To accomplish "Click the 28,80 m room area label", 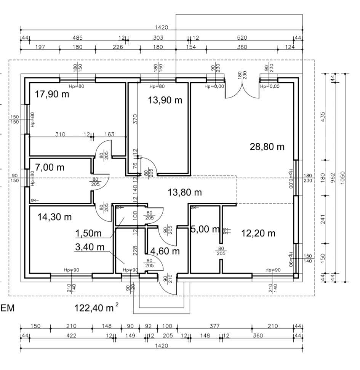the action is (x=267, y=147).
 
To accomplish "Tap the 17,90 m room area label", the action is (x=52, y=94).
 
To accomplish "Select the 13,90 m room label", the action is (x=165, y=100).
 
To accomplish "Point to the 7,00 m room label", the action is (x=50, y=167).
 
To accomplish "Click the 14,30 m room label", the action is (x=54, y=217).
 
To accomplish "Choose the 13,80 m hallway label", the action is (x=185, y=192).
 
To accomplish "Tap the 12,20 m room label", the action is (x=258, y=233).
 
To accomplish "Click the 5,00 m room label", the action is (x=205, y=229).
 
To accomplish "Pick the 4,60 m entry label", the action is (x=165, y=251).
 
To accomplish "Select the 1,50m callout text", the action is (x=88, y=233).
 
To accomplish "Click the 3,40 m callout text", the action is (x=90, y=247).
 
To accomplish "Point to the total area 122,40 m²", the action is (x=96, y=308).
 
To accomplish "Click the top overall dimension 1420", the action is (x=162, y=27).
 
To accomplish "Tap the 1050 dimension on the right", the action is (x=343, y=178).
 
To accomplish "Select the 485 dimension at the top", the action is (x=77, y=38).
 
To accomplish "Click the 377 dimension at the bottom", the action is (x=214, y=326).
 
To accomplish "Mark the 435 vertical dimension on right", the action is (x=323, y=117).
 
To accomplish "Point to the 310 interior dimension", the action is (x=60, y=134).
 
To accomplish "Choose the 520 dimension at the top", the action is (x=242, y=38).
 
